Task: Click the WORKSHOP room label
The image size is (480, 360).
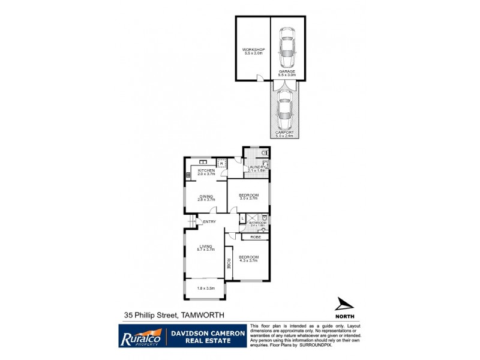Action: point(253,50)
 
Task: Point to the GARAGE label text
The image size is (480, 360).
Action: point(286,71)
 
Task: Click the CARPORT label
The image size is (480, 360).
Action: point(284,133)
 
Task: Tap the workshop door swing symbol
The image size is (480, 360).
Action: point(260,77)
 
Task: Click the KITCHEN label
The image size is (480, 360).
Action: point(206,170)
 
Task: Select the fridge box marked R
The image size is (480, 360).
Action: point(221,163)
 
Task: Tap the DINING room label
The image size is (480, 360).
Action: point(206,196)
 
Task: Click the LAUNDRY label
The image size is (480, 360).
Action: point(257,168)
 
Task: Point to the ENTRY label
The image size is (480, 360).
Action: point(209,222)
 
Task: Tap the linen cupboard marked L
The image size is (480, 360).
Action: point(242,218)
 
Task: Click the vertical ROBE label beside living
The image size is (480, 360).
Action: point(229,263)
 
